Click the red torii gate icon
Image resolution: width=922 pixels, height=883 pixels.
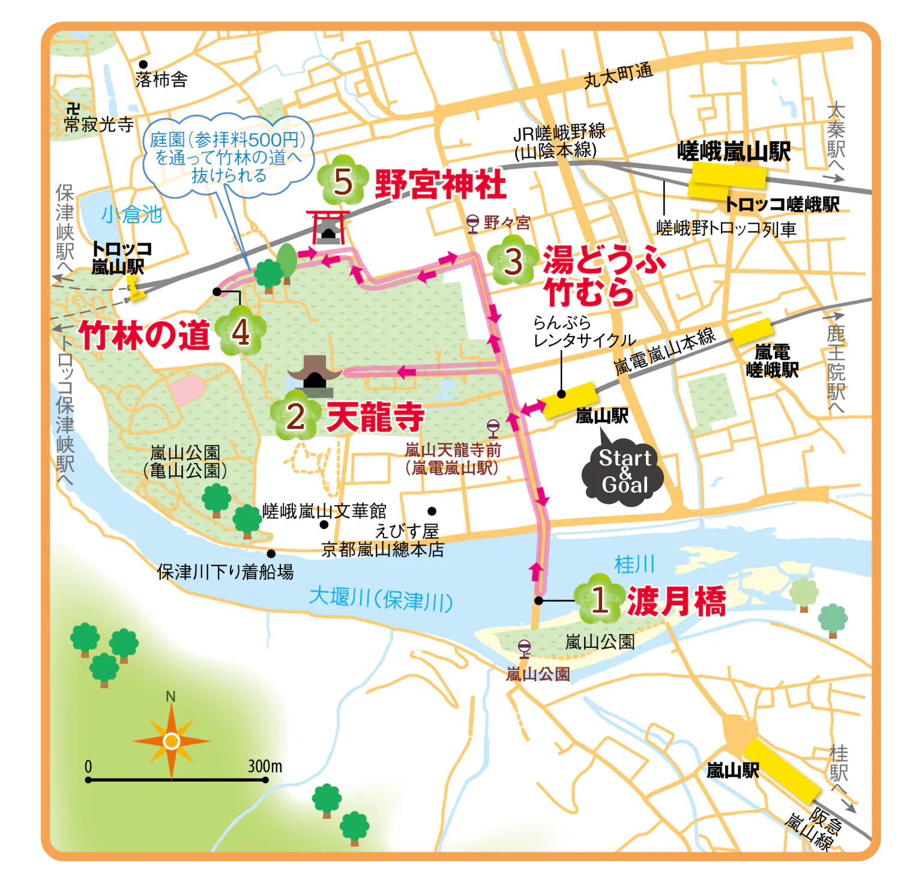click(327, 227)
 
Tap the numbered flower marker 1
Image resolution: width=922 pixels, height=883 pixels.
click(598, 598)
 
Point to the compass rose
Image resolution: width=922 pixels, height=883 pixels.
click(172, 741)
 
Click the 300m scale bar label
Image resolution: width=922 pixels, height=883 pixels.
click(265, 766)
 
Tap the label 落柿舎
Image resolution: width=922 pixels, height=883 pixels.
click(161, 79)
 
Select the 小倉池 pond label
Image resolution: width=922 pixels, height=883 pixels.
click(131, 214)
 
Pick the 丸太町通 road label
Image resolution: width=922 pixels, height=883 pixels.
click(618, 76)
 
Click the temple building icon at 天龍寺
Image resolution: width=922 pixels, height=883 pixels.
click(315, 376)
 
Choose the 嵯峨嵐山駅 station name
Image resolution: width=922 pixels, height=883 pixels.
click(734, 152)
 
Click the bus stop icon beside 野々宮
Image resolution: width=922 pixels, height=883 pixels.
click(473, 223)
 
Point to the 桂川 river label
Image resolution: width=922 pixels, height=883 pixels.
click(634, 564)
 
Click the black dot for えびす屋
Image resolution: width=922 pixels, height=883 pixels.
click(432, 512)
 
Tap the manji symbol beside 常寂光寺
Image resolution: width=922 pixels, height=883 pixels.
click(74, 109)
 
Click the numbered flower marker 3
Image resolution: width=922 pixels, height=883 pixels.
click(513, 262)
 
